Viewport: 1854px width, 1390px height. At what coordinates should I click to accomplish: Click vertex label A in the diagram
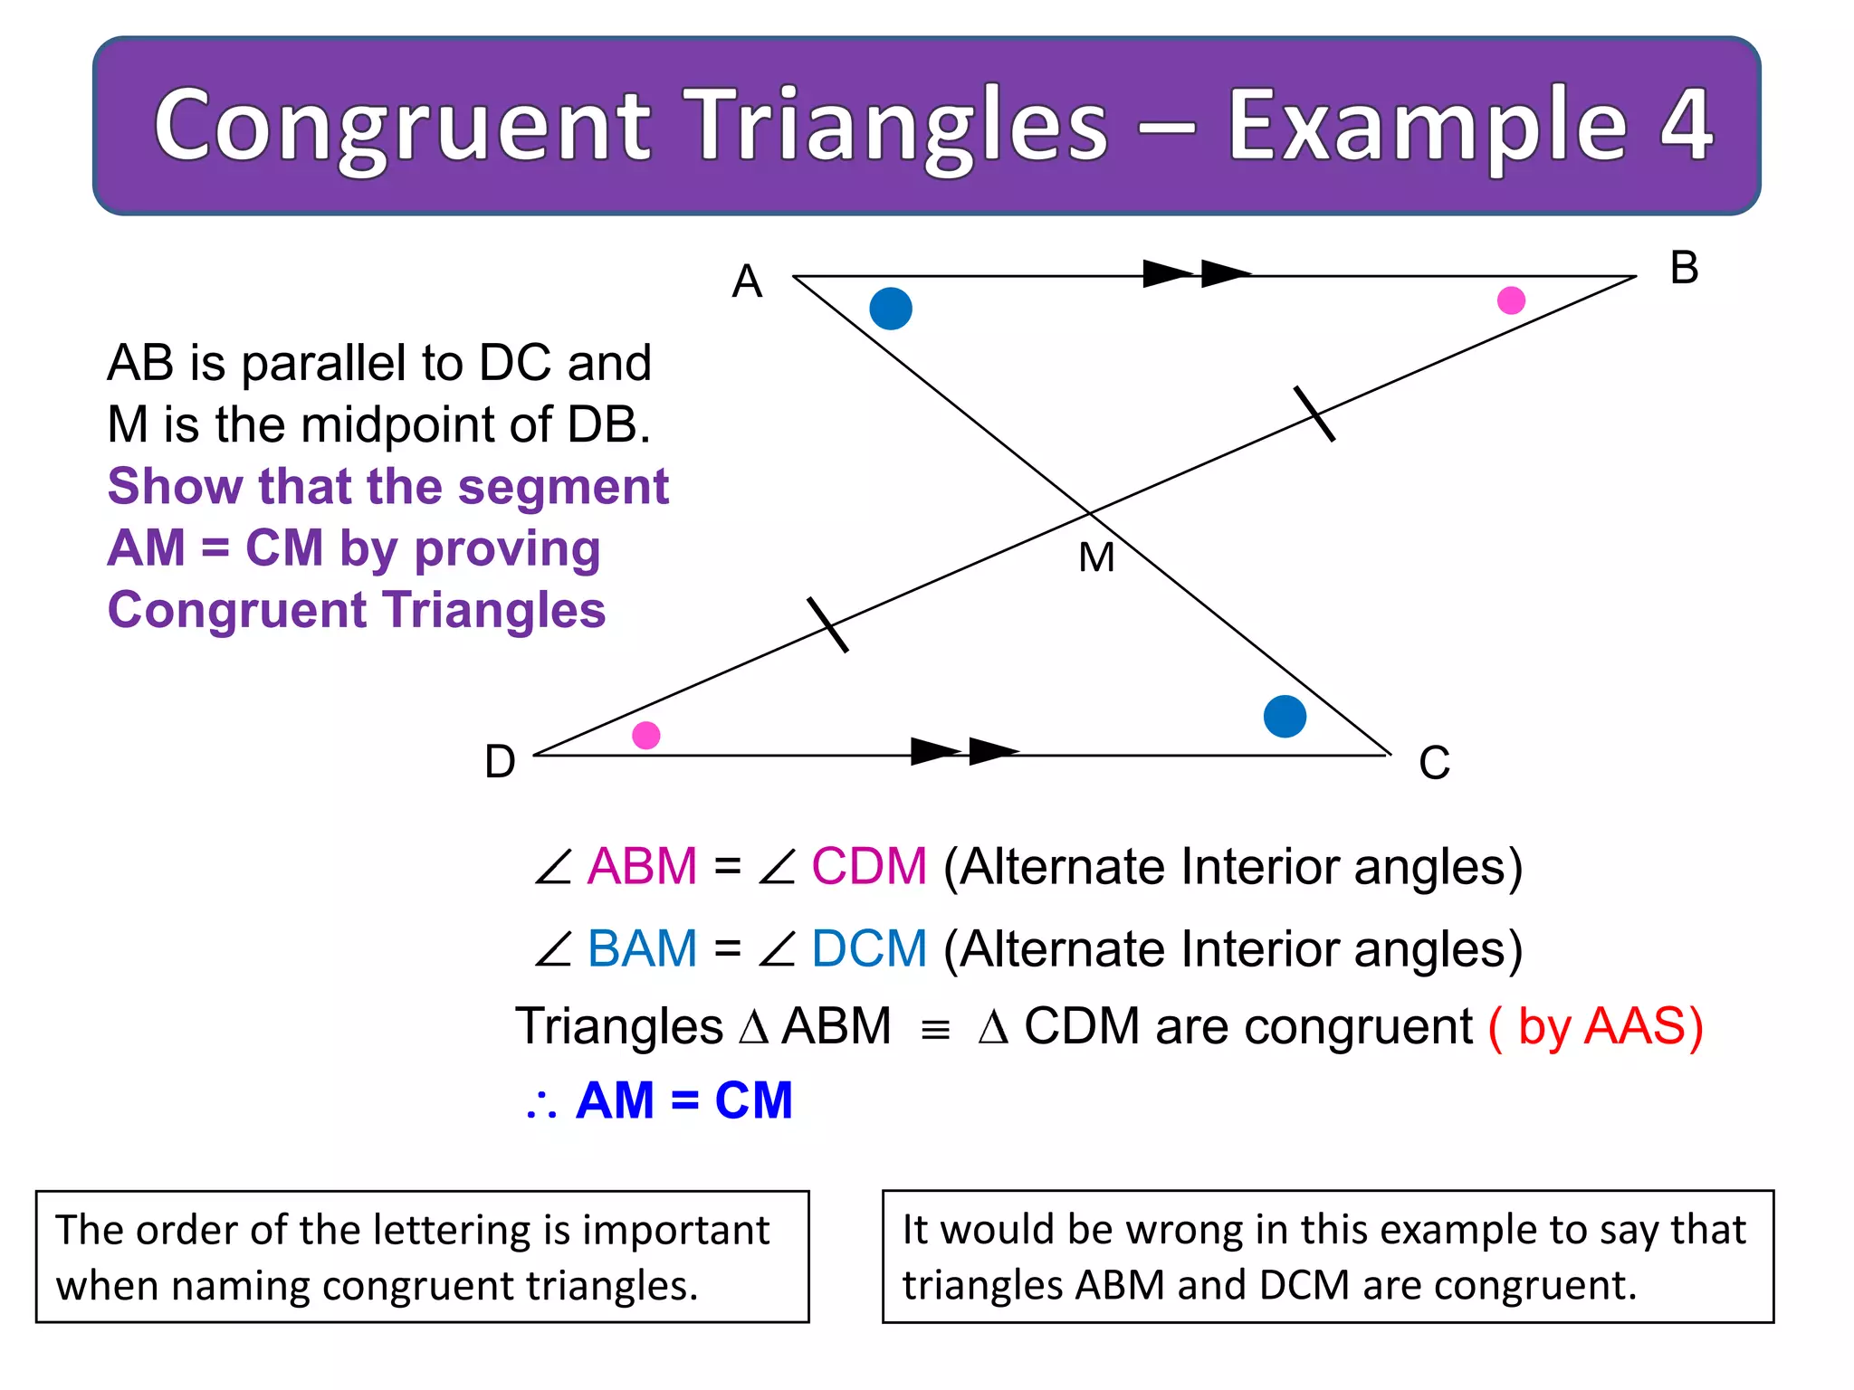tap(747, 281)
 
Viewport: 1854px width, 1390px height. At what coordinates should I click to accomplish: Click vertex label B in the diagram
tap(1684, 268)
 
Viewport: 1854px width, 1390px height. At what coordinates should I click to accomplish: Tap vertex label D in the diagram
tap(500, 762)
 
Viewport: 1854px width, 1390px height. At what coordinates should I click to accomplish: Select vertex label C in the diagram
tap(1434, 763)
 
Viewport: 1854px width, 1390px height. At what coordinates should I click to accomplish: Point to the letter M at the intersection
tap(1096, 557)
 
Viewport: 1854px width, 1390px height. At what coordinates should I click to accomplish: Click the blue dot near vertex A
tap(891, 309)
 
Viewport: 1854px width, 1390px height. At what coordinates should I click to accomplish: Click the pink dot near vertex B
tap(1511, 300)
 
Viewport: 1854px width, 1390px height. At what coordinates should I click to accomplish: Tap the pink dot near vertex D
tap(645, 735)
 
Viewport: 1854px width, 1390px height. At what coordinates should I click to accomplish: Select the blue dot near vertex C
tap(1285, 717)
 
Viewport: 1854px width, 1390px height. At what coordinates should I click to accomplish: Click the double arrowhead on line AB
tap(1197, 273)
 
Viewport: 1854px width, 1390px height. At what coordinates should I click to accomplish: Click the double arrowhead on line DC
tap(965, 751)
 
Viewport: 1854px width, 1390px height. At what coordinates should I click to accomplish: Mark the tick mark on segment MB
tap(1314, 414)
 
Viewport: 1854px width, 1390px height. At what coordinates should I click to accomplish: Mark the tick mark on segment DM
tap(827, 624)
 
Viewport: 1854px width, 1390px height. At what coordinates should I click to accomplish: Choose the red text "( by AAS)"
tap(1595, 1027)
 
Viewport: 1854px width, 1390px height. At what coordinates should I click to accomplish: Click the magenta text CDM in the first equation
tap(869, 866)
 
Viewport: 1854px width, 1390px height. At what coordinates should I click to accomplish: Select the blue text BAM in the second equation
tap(642, 948)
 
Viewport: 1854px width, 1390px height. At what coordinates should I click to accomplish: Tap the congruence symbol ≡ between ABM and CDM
tap(934, 1030)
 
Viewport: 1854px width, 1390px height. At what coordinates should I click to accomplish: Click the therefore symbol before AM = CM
tap(541, 1104)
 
